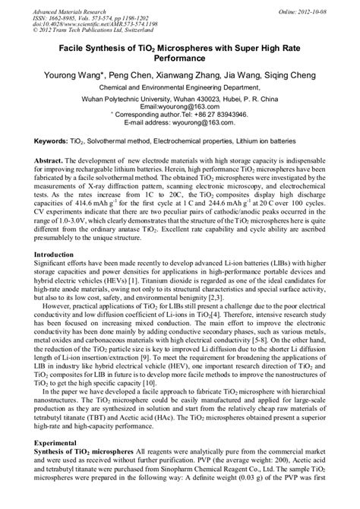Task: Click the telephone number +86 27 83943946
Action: [x=214, y=114]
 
